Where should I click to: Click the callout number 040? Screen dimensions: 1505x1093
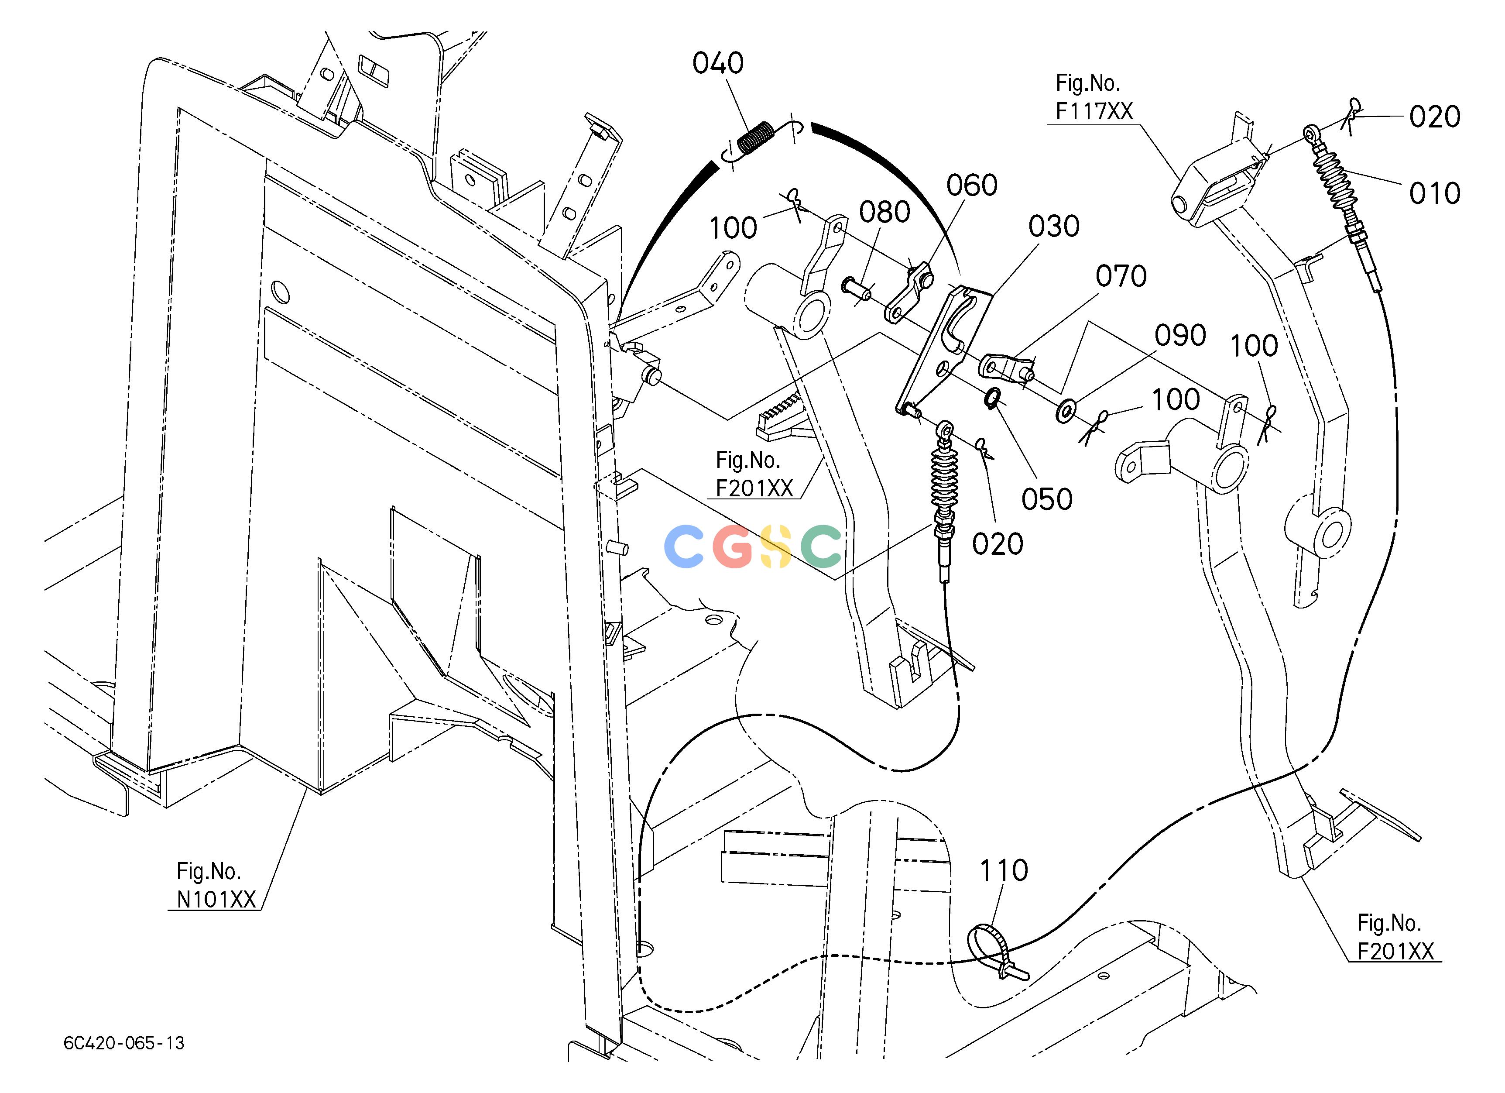[718, 64]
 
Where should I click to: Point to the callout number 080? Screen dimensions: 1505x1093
[884, 213]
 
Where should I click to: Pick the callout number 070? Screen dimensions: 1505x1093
[1121, 276]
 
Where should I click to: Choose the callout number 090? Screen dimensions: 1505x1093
[1180, 336]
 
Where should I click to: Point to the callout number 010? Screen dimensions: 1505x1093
[1435, 194]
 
